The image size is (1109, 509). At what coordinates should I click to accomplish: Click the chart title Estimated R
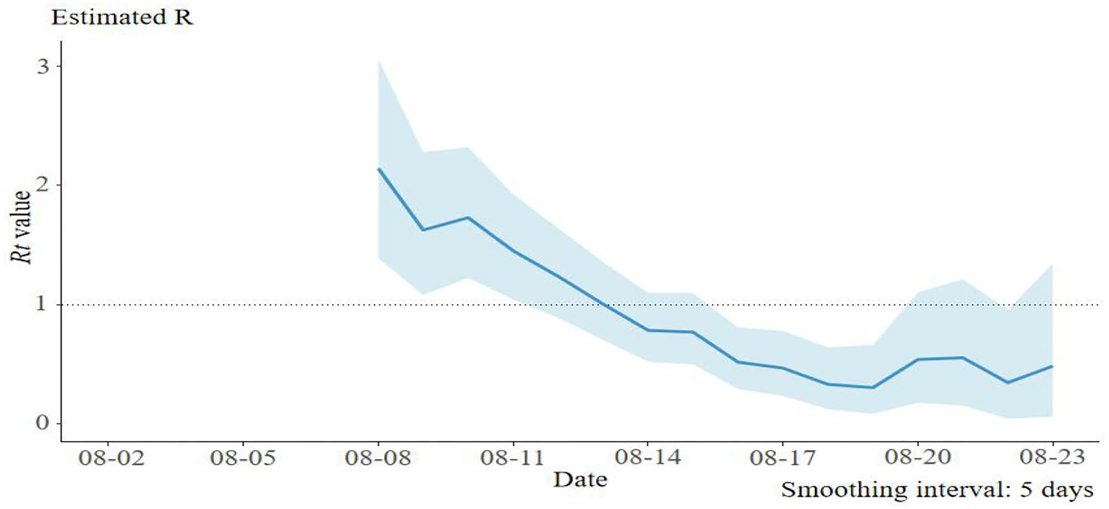122,17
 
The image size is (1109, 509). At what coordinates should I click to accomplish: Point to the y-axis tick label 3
43,66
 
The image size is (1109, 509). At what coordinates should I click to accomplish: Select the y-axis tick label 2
43,185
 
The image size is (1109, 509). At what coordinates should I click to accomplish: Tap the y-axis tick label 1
41,304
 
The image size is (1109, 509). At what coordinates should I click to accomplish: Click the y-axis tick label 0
42,423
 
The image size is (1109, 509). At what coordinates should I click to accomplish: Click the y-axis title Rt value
21,227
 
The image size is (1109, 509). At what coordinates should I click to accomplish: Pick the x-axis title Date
580,480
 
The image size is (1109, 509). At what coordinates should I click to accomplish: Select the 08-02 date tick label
111,458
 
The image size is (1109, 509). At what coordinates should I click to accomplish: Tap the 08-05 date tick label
243,458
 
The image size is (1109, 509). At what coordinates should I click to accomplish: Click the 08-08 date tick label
378,458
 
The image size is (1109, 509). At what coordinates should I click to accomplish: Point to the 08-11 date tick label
513,458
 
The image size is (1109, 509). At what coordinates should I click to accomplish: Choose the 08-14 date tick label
648,458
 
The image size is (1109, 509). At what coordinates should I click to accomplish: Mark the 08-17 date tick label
783,458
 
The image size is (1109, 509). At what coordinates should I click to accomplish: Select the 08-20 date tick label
918,458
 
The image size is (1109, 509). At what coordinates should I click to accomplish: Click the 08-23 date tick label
1053,458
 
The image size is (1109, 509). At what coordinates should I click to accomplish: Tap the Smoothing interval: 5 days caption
937,490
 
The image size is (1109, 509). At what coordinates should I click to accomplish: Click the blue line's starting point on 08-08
379,168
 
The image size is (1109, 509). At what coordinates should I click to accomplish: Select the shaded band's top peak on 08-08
379,61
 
